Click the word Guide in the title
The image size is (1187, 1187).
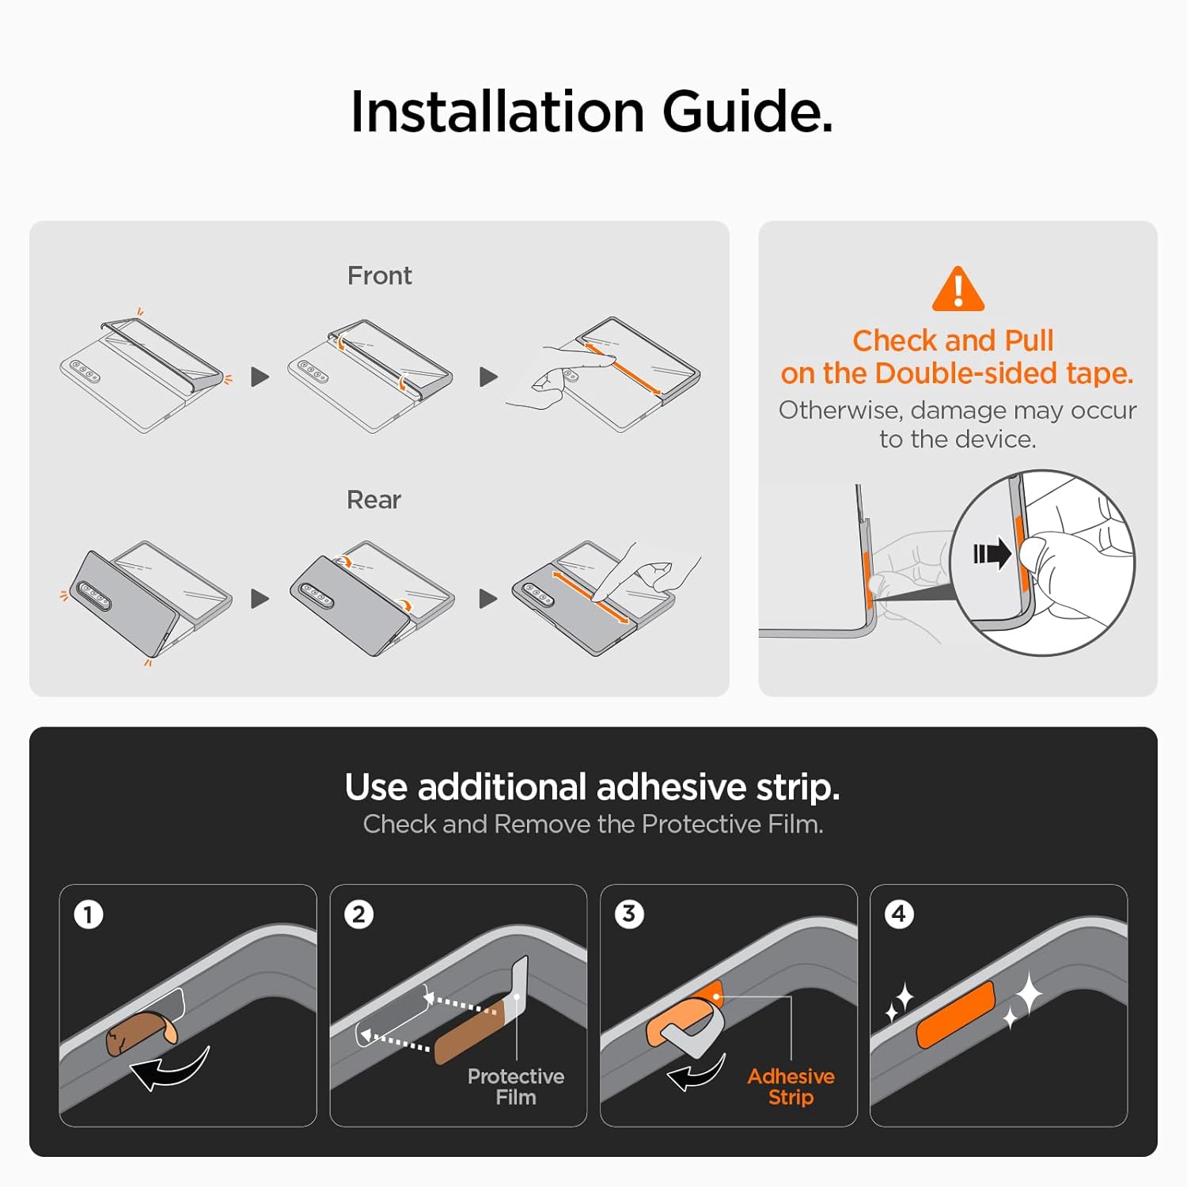click(x=747, y=111)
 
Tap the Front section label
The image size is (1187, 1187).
click(x=380, y=275)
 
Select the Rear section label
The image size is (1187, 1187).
click(x=374, y=500)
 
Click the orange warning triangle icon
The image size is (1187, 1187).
click(x=958, y=290)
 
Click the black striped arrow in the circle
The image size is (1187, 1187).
click(x=992, y=553)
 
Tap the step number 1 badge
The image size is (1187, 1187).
click(x=89, y=915)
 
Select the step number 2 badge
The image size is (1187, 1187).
click(x=358, y=915)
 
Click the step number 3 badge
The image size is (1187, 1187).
click(x=629, y=914)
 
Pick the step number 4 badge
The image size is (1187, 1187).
click(x=899, y=914)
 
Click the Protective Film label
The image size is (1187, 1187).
click(x=516, y=1087)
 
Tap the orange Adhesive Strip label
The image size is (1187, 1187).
click(x=791, y=1087)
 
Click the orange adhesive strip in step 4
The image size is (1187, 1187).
click(x=956, y=1014)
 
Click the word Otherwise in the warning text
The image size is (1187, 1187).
click(x=840, y=410)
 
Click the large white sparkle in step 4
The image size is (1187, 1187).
click(x=1028, y=995)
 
